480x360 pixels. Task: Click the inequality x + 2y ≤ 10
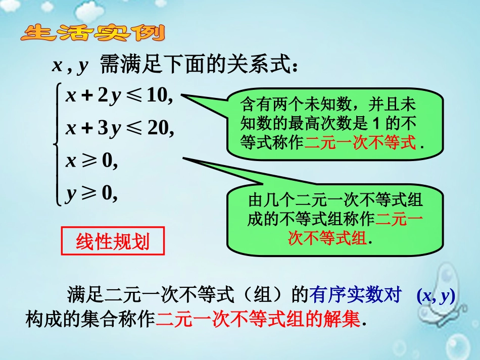(119, 96)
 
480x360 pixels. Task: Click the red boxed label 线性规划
(113, 242)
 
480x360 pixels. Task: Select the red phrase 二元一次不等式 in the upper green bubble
(360, 143)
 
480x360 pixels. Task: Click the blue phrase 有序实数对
(356, 295)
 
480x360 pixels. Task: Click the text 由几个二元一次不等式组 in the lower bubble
(335, 200)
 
